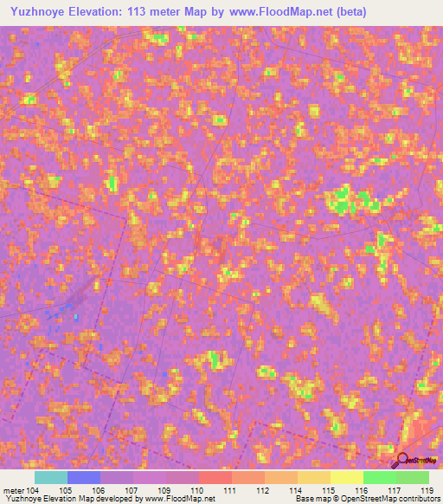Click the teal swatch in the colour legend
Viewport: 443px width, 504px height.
[51, 477]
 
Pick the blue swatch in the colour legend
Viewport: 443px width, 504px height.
[84, 477]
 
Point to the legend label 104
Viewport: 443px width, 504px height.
[33, 490]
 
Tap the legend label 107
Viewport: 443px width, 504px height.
[131, 490]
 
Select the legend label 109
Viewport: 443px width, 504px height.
[164, 490]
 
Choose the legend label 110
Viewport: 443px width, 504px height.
[196, 490]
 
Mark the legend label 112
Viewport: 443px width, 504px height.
[262, 490]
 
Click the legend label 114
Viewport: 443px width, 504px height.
[295, 490]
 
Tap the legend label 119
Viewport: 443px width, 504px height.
[426, 490]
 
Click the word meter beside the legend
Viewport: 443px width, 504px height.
[14, 490]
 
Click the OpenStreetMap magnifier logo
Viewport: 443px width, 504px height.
[402, 460]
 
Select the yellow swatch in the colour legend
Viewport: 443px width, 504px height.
[346, 477]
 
